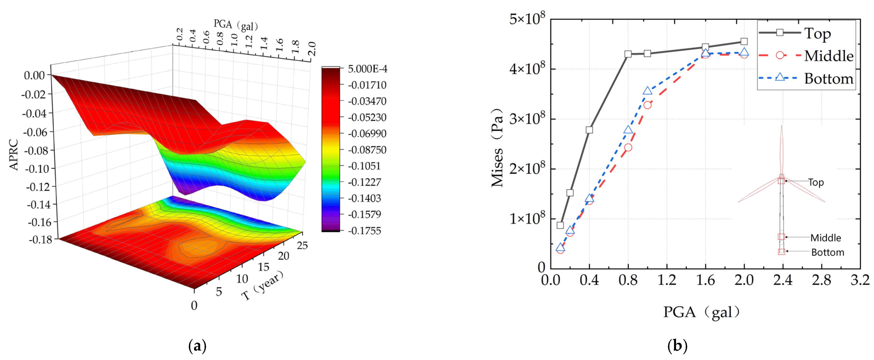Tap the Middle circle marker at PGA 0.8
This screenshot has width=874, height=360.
point(628,147)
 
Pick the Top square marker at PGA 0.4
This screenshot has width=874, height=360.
point(589,130)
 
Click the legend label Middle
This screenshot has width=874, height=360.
point(829,56)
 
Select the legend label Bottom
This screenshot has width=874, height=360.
point(829,79)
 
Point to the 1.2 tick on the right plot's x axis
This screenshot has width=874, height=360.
point(667,280)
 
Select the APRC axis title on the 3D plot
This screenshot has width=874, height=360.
point(14,154)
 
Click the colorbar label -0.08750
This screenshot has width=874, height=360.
point(367,150)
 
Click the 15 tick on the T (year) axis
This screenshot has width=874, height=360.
point(263,267)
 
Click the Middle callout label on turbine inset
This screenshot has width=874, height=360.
point(826,238)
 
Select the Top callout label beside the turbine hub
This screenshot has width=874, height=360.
point(816,183)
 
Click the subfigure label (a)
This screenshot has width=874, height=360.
point(197,346)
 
